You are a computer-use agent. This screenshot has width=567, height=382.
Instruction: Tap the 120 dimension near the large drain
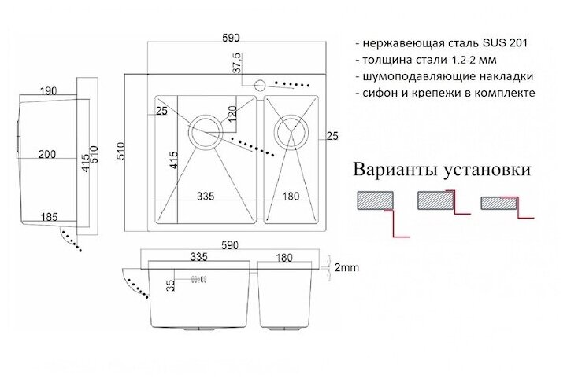click(x=232, y=118)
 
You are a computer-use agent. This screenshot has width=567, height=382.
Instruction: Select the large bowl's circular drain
click(x=208, y=130)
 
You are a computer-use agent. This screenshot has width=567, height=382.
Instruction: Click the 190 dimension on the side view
click(x=48, y=91)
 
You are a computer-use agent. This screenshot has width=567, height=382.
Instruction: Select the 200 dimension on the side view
click(x=46, y=155)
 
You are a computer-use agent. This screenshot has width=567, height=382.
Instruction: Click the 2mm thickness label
click(x=346, y=268)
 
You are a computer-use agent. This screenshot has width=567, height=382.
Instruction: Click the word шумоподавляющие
click(x=418, y=76)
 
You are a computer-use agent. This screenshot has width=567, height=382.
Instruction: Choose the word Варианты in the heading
click(x=397, y=169)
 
